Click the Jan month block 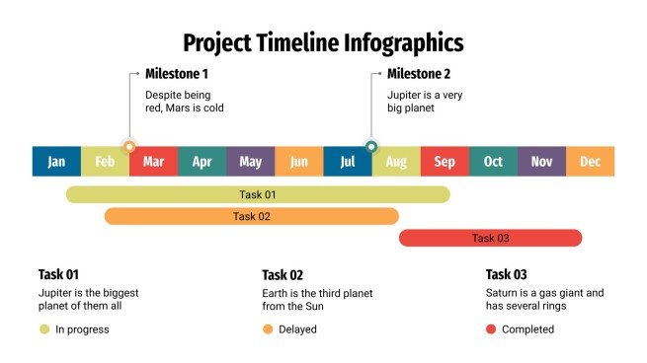(x=56, y=162)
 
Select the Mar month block (x=153, y=162)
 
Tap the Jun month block (x=299, y=162)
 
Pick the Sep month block (x=445, y=162)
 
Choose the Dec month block (x=590, y=162)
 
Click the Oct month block (x=493, y=162)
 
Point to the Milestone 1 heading (x=177, y=74)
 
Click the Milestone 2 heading (x=418, y=74)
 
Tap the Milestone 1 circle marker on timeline (x=129, y=146)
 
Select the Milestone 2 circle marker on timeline (x=371, y=146)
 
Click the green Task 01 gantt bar (x=257, y=194)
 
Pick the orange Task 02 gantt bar (x=251, y=216)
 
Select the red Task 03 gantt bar (x=490, y=238)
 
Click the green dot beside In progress (x=44, y=329)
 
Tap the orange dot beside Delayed (x=268, y=329)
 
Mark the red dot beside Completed (x=491, y=329)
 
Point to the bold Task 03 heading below (x=507, y=275)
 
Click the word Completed (x=527, y=329)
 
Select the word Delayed (x=297, y=329)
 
